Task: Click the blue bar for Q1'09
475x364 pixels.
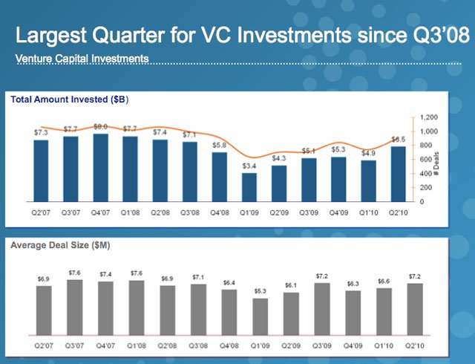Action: [x=250, y=187]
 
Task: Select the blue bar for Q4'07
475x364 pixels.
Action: [x=100, y=168]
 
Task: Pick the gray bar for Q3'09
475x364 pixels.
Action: [x=321, y=308]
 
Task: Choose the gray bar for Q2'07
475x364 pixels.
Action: [x=44, y=310]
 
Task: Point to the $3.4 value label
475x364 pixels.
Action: [x=250, y=165]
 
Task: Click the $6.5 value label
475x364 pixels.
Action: [x=399, y=139]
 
